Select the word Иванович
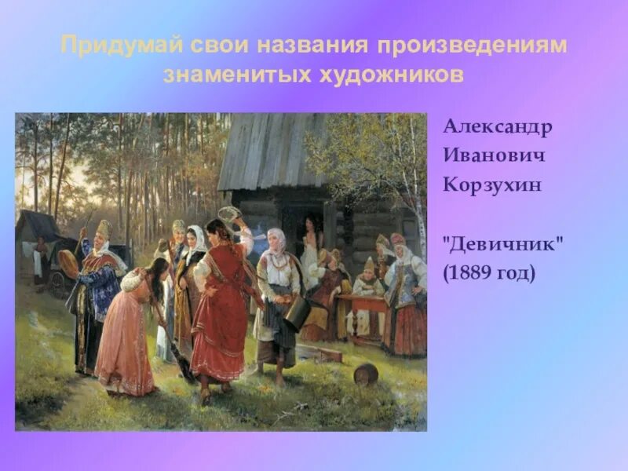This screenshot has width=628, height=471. (x=494, y=154)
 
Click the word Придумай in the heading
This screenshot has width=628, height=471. (x=120, y=45)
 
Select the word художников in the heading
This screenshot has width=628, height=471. (x=399, y=75)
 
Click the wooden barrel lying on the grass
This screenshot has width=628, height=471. (x=365, y=373)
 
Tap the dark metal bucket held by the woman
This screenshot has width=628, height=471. (x=297, y=313)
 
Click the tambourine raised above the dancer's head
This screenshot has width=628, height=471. (x=229, y=214)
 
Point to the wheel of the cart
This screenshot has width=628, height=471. (x=60, y=284)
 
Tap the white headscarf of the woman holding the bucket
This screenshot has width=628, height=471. (x=276, y=239)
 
